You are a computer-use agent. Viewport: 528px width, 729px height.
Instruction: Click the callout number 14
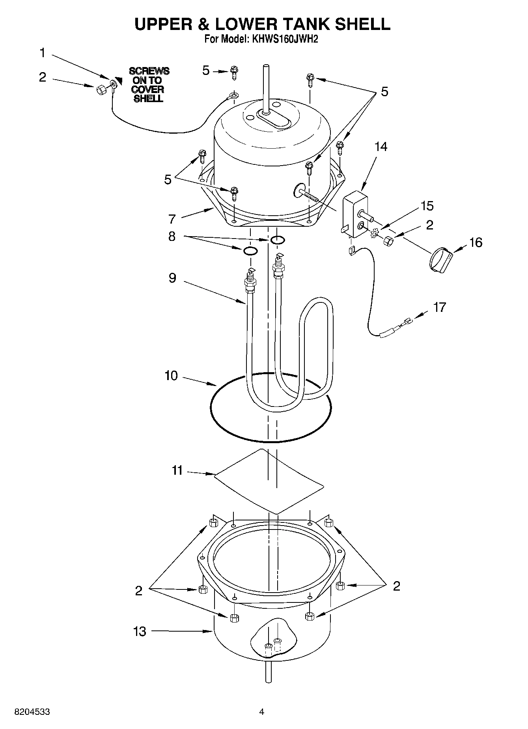(x=381, y=147)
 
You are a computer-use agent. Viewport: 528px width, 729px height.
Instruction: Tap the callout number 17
(x=439, y=307)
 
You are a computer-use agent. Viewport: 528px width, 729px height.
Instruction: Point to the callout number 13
(x=140, y=631)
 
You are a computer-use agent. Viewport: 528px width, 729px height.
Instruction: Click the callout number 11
(x=177, y=470)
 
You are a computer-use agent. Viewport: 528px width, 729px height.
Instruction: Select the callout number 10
(x=171, y=376)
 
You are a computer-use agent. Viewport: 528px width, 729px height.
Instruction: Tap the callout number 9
(x=172, y=278)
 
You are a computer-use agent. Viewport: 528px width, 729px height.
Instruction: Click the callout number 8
(x=172, y=237)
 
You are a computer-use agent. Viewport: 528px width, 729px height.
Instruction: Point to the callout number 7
(x=172, y=219)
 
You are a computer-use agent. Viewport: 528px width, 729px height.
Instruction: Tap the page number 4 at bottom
(x=261, y=712)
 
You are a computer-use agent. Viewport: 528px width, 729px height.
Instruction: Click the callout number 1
(x=43, y=53)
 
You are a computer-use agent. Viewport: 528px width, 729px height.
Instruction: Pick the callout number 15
(x=427, y=206)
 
